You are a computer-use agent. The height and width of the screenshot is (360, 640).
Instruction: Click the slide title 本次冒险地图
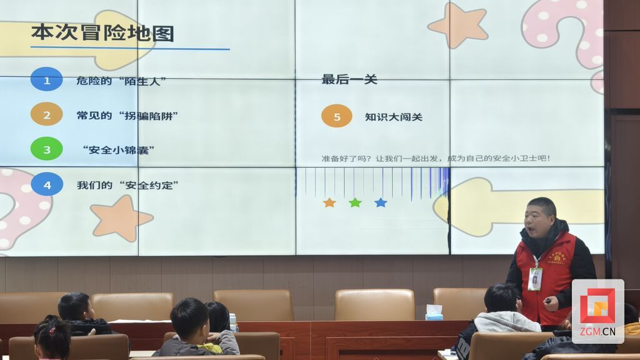tap(102, 32)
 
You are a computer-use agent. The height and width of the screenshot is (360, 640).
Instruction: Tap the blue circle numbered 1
tap(46, 79)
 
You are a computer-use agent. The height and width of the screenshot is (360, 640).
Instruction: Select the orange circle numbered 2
tap(46, 114)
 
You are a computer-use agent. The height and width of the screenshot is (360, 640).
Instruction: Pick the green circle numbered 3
tap(46, 149)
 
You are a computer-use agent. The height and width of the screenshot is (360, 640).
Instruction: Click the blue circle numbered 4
tap(46, 184)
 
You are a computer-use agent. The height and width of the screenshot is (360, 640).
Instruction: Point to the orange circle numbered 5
tap(337, 116)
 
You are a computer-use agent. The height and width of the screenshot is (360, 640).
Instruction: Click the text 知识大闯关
tap(394, 117)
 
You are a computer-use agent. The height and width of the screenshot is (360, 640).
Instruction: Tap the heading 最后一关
tap(349, 79)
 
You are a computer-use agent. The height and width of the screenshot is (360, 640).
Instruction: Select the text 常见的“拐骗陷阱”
tap(127, 116)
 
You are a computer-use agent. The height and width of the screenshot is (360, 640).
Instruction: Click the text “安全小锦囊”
tap(119, 150)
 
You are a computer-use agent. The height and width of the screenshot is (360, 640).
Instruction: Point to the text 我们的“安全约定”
tap(127, 185)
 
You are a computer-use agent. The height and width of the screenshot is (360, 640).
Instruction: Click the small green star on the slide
tap(355, 202)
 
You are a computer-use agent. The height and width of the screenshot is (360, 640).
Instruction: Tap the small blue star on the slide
tap(381, 202)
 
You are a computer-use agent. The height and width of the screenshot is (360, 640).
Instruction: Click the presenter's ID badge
tap(534, 279)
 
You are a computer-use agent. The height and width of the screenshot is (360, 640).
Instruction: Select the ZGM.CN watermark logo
tap(597, 311)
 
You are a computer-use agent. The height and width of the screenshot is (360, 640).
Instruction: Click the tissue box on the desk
tap(434, 312)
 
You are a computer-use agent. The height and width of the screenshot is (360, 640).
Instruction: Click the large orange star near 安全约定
tap(121, 218)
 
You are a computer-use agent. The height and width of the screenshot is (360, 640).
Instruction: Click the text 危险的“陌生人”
tap(121, 81)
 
